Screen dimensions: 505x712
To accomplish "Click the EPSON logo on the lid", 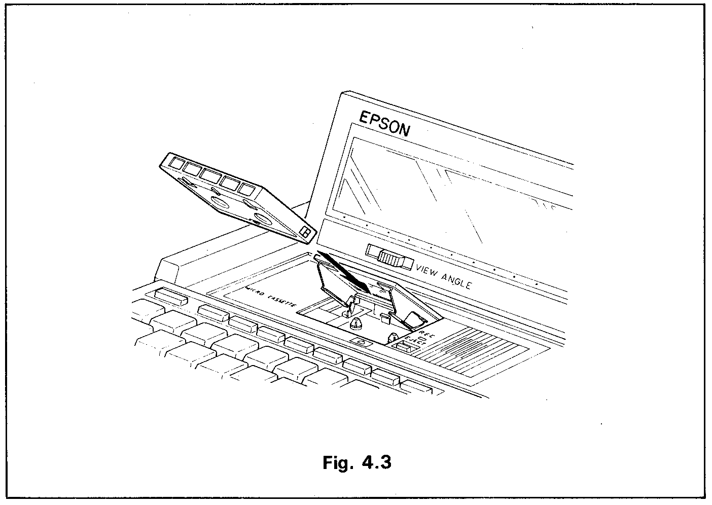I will (x=384, y=124).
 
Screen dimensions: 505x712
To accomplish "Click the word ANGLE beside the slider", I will (x=457, y=280).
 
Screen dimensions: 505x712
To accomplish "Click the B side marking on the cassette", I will (x=306, y=233).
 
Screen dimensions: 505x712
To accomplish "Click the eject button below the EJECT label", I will (x=404, y=347).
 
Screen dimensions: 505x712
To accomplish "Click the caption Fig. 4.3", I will (x=357, y=462).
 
